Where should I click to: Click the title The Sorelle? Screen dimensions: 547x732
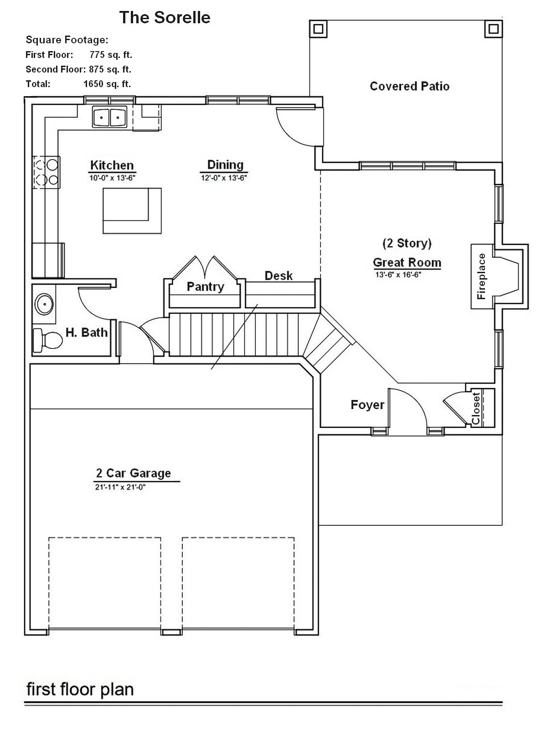click(x=165, y=17)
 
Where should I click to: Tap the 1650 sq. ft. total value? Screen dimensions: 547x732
click(x=107, y=84)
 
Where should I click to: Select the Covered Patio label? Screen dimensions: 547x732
click(x=410, y=86)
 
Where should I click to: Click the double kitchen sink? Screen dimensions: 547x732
click(x=110, y=117)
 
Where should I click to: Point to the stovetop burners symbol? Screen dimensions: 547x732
click(x=46, y=172)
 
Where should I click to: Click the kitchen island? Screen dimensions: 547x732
click(x=132, y=211)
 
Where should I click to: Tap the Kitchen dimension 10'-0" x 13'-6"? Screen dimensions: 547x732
click(x=112, y=178)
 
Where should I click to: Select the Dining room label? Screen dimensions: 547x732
click(x=225, y=165)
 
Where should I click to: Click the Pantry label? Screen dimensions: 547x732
click(x=205, y=287)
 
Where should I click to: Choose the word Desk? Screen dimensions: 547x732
click(x=279, y=276)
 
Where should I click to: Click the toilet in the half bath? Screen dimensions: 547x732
click(x=48, y=340)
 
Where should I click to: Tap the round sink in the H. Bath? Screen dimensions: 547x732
click(x=44, y=304)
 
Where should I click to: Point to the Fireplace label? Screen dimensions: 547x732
click(x=481, y=276)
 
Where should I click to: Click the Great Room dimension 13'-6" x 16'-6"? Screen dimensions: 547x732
click(x=398, y=275)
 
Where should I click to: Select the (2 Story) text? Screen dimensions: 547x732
click(x=407, y=243)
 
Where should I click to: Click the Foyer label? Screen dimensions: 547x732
click(x=367, y=405)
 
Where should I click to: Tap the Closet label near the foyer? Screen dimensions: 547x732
click(x=476, y=409)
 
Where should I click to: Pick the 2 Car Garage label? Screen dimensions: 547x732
click(x=134, y=473)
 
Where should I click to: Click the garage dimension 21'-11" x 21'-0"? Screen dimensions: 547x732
click(x=120, y=487)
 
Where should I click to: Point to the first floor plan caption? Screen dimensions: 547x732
click(x=80, y=689)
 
